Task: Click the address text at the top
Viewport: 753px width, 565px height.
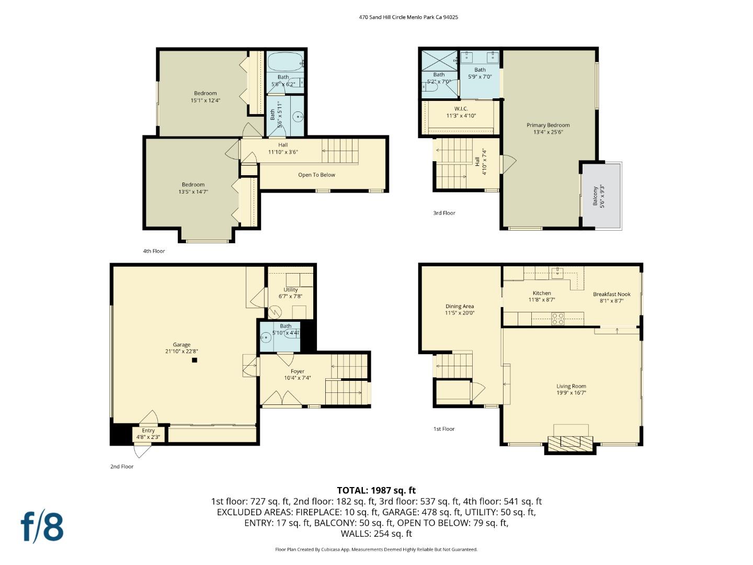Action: (x=408, y=17)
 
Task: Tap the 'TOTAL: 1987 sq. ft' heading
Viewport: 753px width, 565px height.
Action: (x=376, y=490)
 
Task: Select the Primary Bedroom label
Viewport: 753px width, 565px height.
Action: (x=547, y=125)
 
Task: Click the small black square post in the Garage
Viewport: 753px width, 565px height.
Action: (x=195, y=360)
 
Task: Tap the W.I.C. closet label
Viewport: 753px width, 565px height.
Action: (x=461, y=109)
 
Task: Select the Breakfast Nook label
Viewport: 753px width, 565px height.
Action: (x=611, y=294)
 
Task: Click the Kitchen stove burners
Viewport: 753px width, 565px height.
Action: (x=558, y=319)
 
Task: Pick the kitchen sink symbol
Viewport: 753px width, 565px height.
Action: (x=557, y=272)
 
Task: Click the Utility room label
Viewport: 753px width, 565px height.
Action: (x=291, y=289)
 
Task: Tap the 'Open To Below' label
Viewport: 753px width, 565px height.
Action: (x=316, y=175)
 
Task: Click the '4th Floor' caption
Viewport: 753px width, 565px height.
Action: (x=154, y=251)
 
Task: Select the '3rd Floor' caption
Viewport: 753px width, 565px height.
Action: (x=444, y=213)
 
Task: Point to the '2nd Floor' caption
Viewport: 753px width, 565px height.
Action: (x=122, y=467)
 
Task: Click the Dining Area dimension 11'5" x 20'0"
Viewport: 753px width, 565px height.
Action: (x=460, y=313)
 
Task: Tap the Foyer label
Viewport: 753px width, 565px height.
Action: (x=298, y=371)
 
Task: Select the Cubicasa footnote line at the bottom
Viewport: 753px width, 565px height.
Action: (x=376, y=549)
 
